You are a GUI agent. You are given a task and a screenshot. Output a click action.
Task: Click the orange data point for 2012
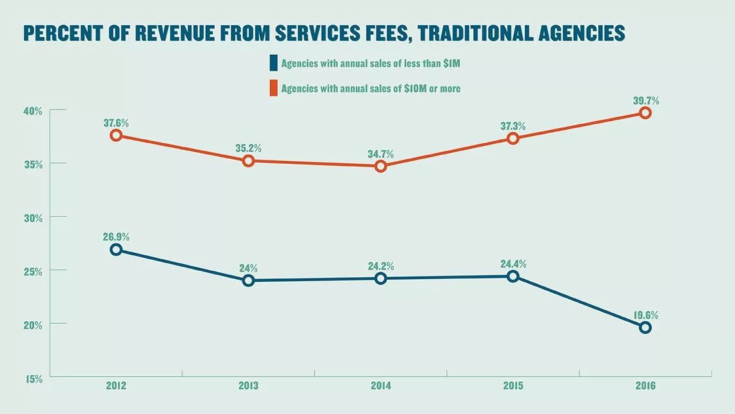point(116,135)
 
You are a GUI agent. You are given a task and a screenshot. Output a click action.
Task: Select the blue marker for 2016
point(645,328)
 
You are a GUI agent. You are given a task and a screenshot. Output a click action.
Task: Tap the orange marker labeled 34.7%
point(380,166)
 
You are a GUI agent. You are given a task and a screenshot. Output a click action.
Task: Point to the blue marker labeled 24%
point(248,281)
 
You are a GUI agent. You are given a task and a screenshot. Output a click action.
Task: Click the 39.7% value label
point(645,101)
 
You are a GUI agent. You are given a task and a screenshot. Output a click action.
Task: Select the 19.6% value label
point(645,315)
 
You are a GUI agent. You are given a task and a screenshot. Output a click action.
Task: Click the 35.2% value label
point(248,148)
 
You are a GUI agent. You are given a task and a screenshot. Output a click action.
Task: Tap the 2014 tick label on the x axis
point(380,386)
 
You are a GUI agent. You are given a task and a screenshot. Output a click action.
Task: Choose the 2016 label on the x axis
point(645,386)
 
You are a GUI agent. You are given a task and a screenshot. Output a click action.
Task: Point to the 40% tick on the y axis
point(34,112)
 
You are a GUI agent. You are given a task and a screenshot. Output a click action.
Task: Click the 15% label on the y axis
point(34,379)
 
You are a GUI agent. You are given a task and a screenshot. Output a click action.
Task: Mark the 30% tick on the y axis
point(34,219)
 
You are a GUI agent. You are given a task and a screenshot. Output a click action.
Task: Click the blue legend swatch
point(273,63)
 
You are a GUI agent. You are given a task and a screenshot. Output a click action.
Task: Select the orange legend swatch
point(273,88)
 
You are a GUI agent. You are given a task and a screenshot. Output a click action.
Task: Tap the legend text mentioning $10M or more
point(371,88)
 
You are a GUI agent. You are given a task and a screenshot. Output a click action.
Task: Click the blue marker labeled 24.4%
point(513,276)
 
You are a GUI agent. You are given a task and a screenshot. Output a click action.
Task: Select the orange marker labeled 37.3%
point(513,139)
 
